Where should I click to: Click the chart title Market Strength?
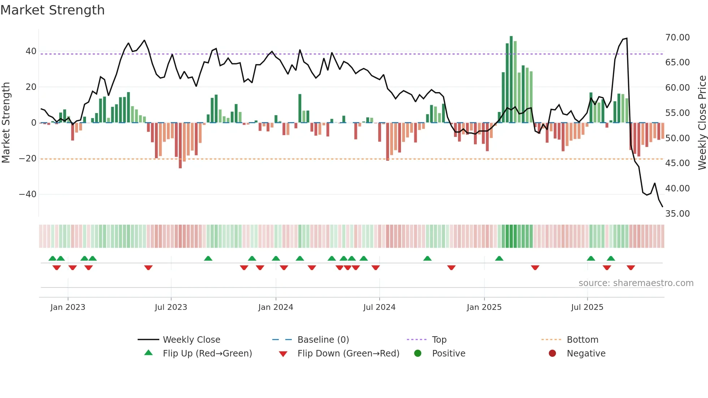pyautogui.click(x=53, y=10)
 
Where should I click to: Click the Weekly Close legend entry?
pyautogui.click(x=191, y=339)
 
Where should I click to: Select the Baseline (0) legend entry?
pyautogui.click(x=323, y=339)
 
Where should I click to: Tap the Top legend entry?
pyautogui.click(x=439, y=339)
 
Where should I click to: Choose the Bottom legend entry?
pyautogui.click(x=582, y=339)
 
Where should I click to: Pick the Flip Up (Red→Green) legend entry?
pyautogui.click(x=207, y=353)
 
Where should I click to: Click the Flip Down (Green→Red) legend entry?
pyautogui.click(x=348, y=353)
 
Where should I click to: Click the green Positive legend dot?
pyautogui.click(x=418, y=353)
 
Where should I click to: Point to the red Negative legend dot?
pyautogui.click(x=552, y=353)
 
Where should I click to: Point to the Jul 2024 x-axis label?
pyautogui.click(x=379, y=307)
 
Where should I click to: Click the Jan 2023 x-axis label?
pyautogui.click(x=68, y=307)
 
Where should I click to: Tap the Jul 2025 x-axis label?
pyautogui.click(x=587, y=307)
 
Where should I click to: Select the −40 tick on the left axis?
pyautogui.click(x=28, y=194)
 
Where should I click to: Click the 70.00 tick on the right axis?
pyautogui.click(x=677, y=38)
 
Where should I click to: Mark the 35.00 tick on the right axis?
pyautogui.click(x=677, y=213)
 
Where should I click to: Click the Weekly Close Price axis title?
pyautogui.click(x=702, y=123)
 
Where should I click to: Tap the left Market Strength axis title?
pyautogui.click(x=6, y=123)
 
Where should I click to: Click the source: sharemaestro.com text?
pyautogui.click(x=636, y=283)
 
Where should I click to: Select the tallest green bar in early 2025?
pyautogui.click(x=511, y=79)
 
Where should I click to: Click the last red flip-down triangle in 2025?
pyautogui.click(x=631, y=268)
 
